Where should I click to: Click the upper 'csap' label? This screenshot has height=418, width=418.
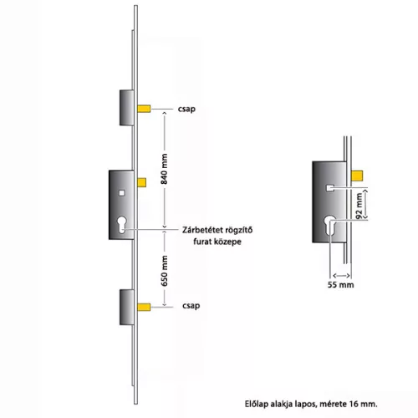point(186,109)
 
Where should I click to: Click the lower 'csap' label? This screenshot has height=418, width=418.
point(191,306)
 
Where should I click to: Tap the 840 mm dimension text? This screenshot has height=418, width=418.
point(164,169)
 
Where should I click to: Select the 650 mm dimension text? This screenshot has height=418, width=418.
point(165,271)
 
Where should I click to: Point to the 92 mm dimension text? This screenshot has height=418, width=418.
point(359,206)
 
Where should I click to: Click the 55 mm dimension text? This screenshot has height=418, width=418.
point(340,285)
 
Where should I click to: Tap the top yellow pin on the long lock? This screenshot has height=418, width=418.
point(144,109)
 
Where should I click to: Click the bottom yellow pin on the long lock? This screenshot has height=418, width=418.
point(144,307)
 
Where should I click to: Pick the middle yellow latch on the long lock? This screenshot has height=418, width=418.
point(142,182)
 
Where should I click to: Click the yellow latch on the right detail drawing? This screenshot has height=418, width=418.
point(357,176)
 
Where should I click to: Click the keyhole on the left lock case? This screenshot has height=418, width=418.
point(122,225)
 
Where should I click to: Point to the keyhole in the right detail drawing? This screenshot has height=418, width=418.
point(330,225)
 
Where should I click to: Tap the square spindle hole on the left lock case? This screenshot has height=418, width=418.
point(122,193)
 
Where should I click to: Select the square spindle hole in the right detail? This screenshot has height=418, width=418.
point(330,188)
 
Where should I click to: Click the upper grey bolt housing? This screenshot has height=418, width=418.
point(127,108)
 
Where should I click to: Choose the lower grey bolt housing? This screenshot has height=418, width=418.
point(127,307)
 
